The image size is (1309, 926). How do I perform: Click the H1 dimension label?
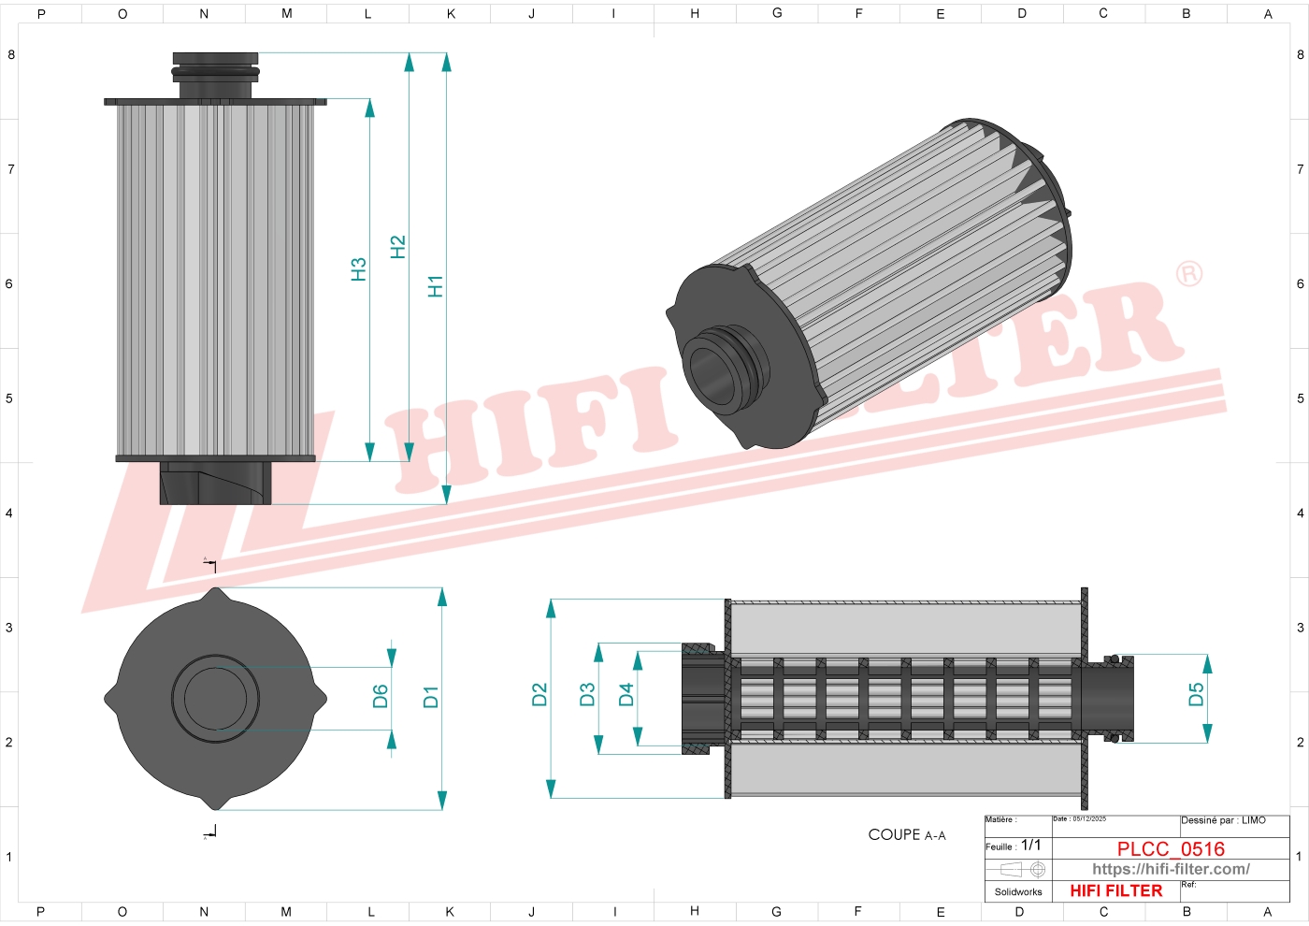click(435, 286)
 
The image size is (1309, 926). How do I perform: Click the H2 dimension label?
click(397, 247)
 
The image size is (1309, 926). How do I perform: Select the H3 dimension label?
click(358, 269)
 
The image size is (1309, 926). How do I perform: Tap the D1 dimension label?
click(430, 697)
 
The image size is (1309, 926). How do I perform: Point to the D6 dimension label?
click(380, 697)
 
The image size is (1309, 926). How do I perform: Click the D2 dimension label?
click(539, 694)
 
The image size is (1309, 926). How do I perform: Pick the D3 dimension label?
click(587, 694)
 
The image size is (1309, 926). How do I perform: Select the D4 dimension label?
click(626, 694)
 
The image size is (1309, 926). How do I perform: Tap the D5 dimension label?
click(1196, 694)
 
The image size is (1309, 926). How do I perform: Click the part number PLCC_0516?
click(1171, 848)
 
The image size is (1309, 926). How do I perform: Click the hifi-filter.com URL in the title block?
click(1171, 869)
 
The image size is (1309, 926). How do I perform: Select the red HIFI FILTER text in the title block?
click(1116, 890)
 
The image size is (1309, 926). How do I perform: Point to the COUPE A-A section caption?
click(906, 834)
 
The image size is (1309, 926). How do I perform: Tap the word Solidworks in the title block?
click(1018, 891)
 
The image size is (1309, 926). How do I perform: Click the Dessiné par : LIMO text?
click(1223, 820)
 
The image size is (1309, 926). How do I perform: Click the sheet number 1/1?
click(1030, 845)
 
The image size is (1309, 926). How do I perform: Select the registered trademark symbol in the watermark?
click(1188, 274)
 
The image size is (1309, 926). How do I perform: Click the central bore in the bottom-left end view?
click(216, 698)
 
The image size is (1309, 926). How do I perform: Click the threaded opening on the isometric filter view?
click(712, 372)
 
